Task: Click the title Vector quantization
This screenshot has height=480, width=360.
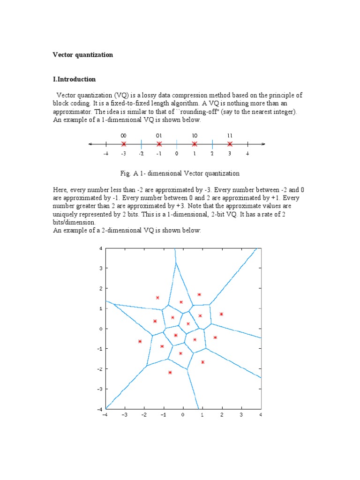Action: pos(82,55)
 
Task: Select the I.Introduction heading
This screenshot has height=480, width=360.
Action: pos(74,79)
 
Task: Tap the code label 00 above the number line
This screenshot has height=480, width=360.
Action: pos(123,135)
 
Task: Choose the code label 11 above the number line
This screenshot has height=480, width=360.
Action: pos(230,135)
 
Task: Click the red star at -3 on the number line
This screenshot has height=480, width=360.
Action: pos(123,144)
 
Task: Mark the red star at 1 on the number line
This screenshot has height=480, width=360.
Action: pos(195,144)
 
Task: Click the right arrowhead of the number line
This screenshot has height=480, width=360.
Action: pos(263,144)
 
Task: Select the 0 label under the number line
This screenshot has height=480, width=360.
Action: pos(177,153)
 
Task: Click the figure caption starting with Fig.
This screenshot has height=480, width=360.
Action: pos(180,173)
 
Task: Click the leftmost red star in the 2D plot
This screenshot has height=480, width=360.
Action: pos(140,342)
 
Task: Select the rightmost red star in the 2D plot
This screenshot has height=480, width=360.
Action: pos(221,314)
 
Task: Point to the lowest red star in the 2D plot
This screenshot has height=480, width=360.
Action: pos(170,373)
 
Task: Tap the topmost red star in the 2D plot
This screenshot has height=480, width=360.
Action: pos(199,295)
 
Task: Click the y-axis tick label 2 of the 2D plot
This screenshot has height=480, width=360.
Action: pos(100,288)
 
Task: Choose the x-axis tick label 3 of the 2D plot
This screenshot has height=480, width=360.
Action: pos(241,415)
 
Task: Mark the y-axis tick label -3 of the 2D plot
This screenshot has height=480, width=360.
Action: pos(99,389)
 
